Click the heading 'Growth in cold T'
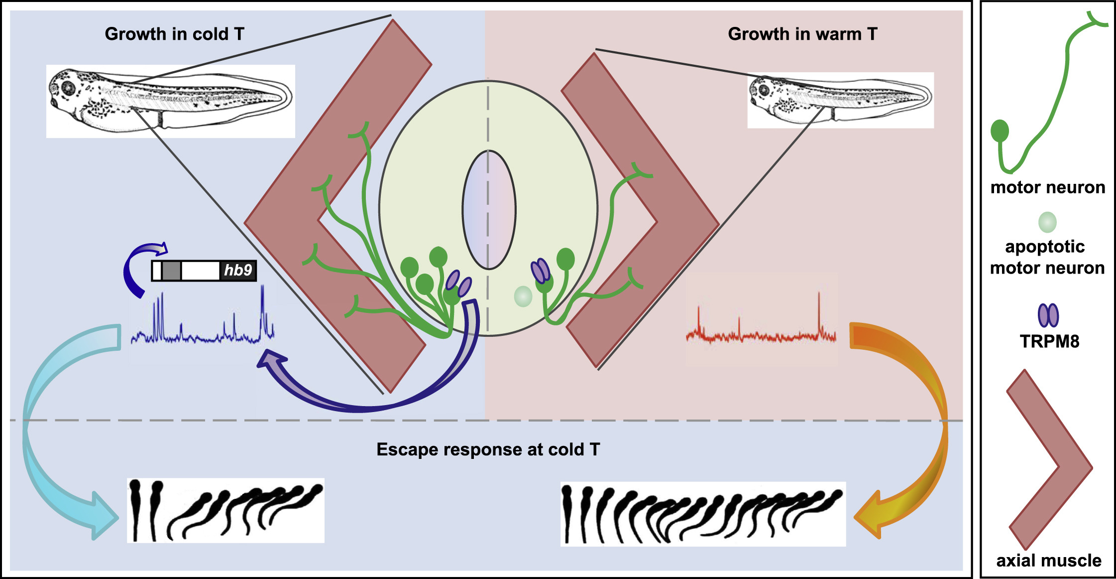click(174, 34)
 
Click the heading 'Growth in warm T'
click(802, 34)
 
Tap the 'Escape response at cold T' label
click(488, 449)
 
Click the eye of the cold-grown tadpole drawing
click(68, 89)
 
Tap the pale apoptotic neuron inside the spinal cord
click(523, 296)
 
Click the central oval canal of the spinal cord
click(489, 210)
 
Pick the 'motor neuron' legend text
click(1048, 188)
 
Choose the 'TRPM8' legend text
click(1049, 342)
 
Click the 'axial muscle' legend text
click(1049, 561)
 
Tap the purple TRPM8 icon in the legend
click(1048, 315)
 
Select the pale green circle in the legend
click(1047, 222)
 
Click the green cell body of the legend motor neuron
click(1000, 131)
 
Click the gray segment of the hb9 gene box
click(171, 271)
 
